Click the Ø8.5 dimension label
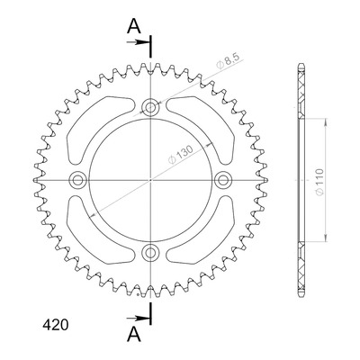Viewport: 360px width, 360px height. (x=227, y=62)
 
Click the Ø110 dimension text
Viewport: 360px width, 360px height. (x=319, y=182)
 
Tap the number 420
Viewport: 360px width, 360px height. (x=56, y=325)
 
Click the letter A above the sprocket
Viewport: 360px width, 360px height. (x=134, y=27)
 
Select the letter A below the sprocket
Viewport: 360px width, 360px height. (x=134, y=335)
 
